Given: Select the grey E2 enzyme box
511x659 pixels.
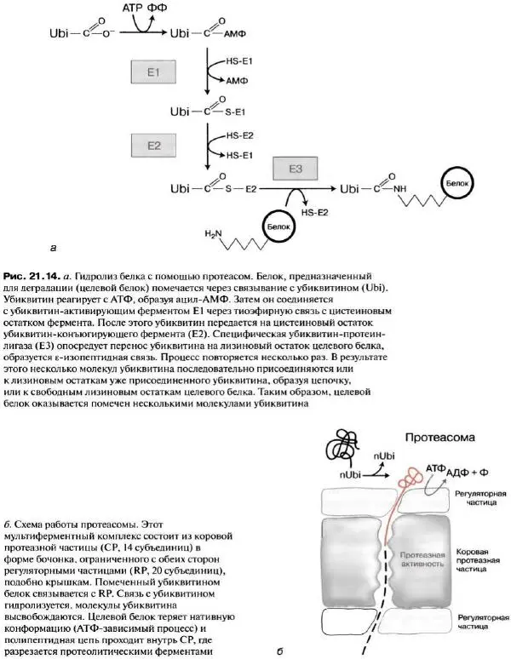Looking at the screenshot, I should click(153, 146).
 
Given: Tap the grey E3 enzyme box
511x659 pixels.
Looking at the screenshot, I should click(296, 169).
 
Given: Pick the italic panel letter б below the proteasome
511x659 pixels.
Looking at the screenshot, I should click(280, 653).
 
